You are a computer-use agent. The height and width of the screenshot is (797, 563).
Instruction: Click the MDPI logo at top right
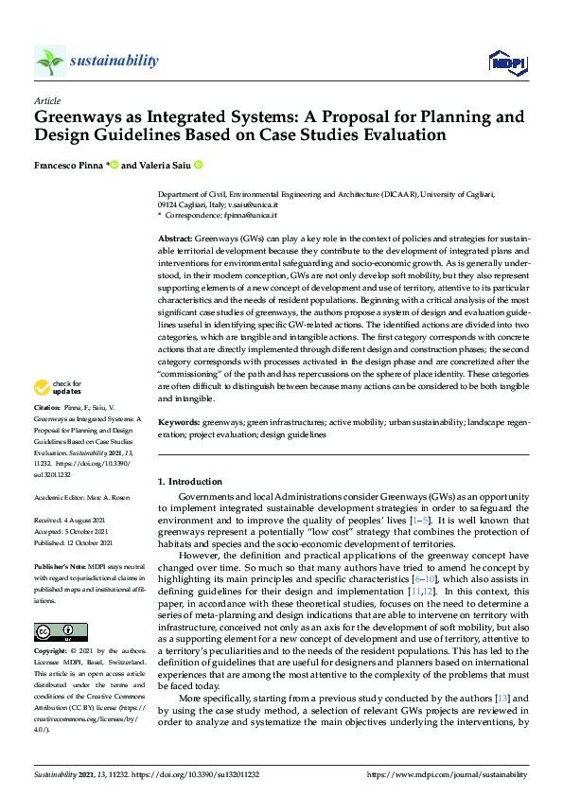click(x=506, y=62)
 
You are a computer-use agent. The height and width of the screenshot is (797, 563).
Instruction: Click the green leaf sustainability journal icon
click(x=49, y=62)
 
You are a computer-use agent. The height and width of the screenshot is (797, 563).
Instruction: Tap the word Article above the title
click(x=47, y=100)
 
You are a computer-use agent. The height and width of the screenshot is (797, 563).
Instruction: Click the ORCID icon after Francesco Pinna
click(x=114, y=165)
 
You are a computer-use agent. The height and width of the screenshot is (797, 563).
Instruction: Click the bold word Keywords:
click(x=179, y=422)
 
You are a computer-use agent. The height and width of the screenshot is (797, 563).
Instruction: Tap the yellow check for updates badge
click(x=57, y=414)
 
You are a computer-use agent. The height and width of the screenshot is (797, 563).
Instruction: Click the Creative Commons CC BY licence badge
click(x=60, y=631)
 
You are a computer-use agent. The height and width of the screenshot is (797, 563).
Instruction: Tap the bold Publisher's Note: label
click(x=59, y=564)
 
